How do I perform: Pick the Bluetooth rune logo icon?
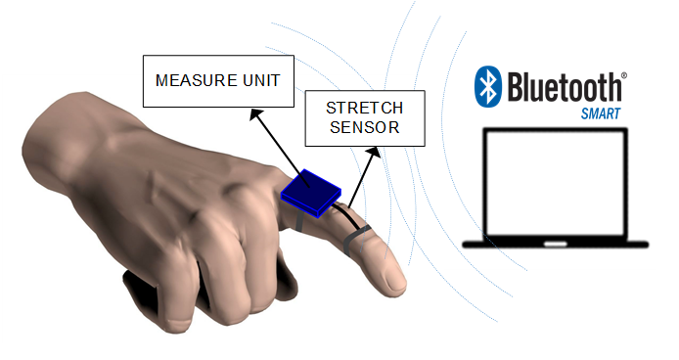[x=486, y=88]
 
